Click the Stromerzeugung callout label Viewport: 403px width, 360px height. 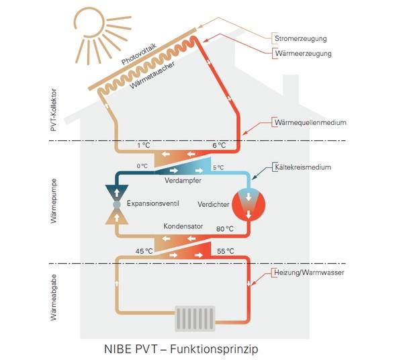point(301,38)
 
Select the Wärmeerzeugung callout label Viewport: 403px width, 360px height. point(304,54)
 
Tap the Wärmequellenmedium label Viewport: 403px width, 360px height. point(310,122)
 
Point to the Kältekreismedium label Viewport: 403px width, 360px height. point(303,167)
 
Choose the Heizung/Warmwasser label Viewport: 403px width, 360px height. point(309,273)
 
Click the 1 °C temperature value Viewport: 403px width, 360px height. point(144,146)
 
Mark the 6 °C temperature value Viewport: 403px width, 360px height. point(219,146)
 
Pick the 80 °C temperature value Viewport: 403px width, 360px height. point(225,228)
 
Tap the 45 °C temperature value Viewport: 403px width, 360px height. point(144,251)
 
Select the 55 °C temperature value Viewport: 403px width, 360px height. point(226,251)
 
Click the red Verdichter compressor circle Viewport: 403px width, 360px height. point(249,205)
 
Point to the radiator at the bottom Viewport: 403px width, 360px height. point(195,318)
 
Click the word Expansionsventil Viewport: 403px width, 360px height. point(153,204)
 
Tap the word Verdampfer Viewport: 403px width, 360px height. point(183,181)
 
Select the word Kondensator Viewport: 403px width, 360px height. point(183,226)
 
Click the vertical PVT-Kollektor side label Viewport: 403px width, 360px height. point(54,110)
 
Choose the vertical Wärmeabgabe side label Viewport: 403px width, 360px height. point(54,298)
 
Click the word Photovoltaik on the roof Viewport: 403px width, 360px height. point(139,54)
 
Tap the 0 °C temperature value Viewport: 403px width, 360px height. point(142,167)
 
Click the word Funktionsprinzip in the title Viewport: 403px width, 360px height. point(214,349)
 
